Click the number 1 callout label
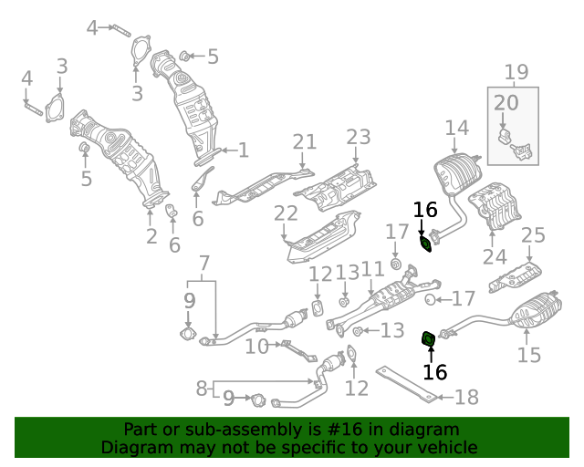point(243,150)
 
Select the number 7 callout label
point(204,265)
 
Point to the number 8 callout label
point(202,389)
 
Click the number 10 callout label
point(256,346)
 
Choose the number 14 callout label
point(456,128)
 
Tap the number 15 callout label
point(529,355)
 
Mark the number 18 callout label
point(466,397)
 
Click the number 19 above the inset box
point(516,71)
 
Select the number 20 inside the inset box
point(506,102)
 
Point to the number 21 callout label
point(304,141)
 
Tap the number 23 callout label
point(359,137)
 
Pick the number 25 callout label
point(533,236)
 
